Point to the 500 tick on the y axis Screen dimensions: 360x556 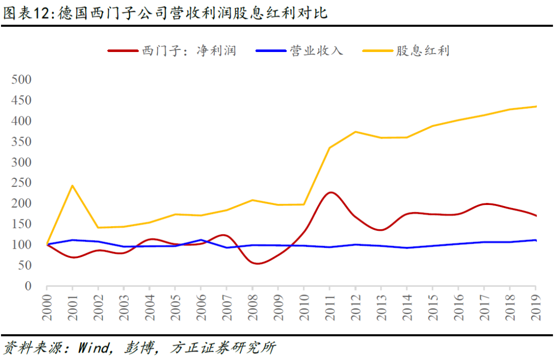pos(21,80)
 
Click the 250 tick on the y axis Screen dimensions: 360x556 pos(21,183)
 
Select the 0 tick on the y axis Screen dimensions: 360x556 pos(28,286)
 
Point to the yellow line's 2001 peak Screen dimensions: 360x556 pos(73,185)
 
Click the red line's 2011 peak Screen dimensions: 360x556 pos(330,193)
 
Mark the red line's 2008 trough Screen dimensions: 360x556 pos(255,263)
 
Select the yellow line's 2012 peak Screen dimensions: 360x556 pos(355,132)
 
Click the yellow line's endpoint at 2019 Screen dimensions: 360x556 pos(535,107)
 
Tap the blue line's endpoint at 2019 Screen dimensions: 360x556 pos(535,241)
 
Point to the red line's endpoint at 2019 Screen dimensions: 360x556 pos(535,216)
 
